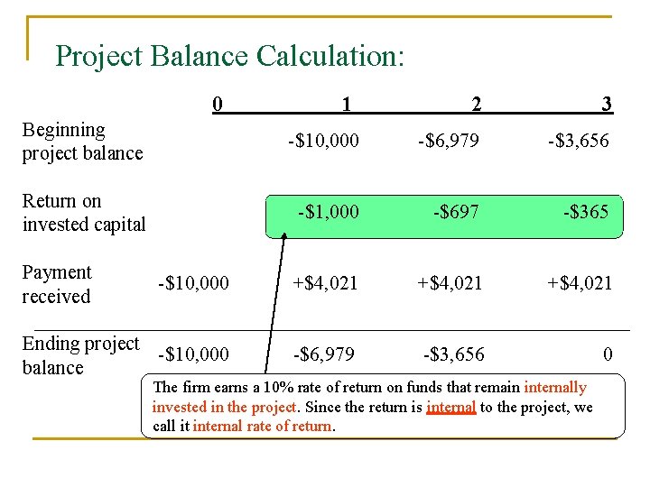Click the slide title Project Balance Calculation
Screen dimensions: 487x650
(x=229, y=56)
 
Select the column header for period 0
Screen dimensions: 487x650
(x=217, y=104)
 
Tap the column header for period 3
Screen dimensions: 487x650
(x=607, y=105)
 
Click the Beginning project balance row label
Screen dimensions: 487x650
(x=82, y=142)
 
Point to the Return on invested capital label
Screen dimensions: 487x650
(x=83, y=213)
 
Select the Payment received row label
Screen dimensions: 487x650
(x=57, y=284)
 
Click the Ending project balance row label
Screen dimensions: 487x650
(x=80, y=355)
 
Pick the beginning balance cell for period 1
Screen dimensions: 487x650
(x=323, y=141)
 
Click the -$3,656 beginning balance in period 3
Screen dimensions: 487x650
(x=577, y=141)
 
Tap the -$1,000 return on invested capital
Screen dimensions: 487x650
(x=329, y=212)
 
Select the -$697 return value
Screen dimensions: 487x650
(x=456, y=212)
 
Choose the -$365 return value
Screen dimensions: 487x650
(x=586, y=212)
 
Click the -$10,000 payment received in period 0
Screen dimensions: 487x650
(x=192, y=283)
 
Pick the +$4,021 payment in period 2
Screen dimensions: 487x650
(x=449, y=283)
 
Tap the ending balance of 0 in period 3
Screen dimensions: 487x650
(x=608, y=354)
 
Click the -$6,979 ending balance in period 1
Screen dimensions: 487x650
(x=322, y=354)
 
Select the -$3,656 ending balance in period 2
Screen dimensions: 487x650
(x=454, y=354)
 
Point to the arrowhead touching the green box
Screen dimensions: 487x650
(x=283, y=236)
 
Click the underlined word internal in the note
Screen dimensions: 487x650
(x=451, y=407)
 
